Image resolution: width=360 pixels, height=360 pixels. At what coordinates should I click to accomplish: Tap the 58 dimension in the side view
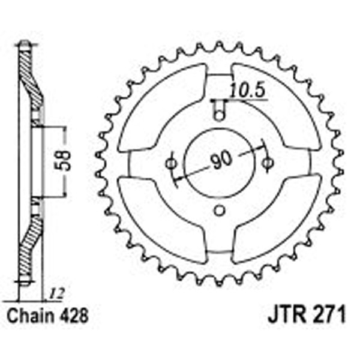tap(70, 161)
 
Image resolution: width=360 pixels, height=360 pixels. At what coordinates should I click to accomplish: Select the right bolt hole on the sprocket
tap(268, 162)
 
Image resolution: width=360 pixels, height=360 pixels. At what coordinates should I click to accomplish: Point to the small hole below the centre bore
tap(220, 211)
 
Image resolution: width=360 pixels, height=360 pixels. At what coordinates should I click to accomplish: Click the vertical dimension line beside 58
tap(62, 161)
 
